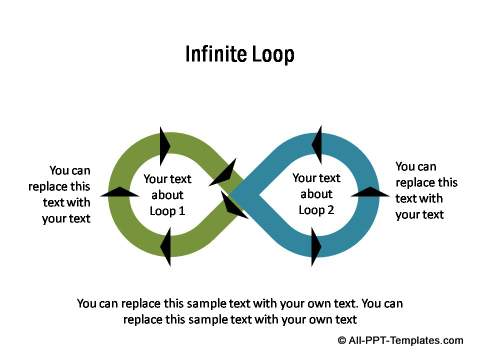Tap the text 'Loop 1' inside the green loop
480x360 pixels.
point(167,211)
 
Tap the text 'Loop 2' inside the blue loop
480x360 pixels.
point(316,210)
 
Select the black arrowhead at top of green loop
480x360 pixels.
point(165,146)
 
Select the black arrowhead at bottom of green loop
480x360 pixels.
point(166,247)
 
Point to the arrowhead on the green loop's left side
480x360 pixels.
point(120,192)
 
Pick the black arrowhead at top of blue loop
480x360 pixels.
point(317,145)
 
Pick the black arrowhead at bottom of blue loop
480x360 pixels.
point(316,247)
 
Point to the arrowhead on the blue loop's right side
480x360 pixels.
point(370,192)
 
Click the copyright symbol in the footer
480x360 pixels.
point(342,341)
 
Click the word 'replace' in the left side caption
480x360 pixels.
point(46,187)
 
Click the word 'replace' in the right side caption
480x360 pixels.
point(414,183)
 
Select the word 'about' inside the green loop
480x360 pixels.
point(167,195)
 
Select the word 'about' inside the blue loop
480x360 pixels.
point(316,194)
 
